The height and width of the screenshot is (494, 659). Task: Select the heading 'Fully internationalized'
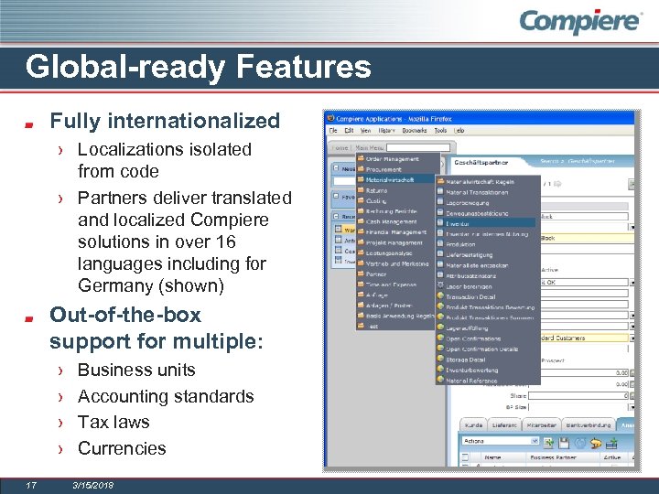pyautogui.click(x=165, y=121)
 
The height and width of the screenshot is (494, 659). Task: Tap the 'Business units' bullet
pyautogui.click(x=136, y=370)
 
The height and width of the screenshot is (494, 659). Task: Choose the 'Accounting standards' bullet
pyautogui.click(x=166, y=396)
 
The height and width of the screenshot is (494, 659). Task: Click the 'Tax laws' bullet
pyautogui.click(x=113, y=422)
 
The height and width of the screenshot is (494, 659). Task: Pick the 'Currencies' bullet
pyautogui.click(x=122, y=448)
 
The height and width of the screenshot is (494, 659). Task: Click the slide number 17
pyautogui.click(x=30, y=485)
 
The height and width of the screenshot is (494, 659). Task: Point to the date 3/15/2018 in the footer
pyautogui.click(x=93, y=485)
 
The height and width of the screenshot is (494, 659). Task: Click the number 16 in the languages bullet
pyautogui.click(x=225, y=242)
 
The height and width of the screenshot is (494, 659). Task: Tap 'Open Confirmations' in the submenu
pyautogui.click(x=476, y=338)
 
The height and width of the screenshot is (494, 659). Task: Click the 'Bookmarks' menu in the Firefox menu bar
pyautogui.click(x=411, y=131)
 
